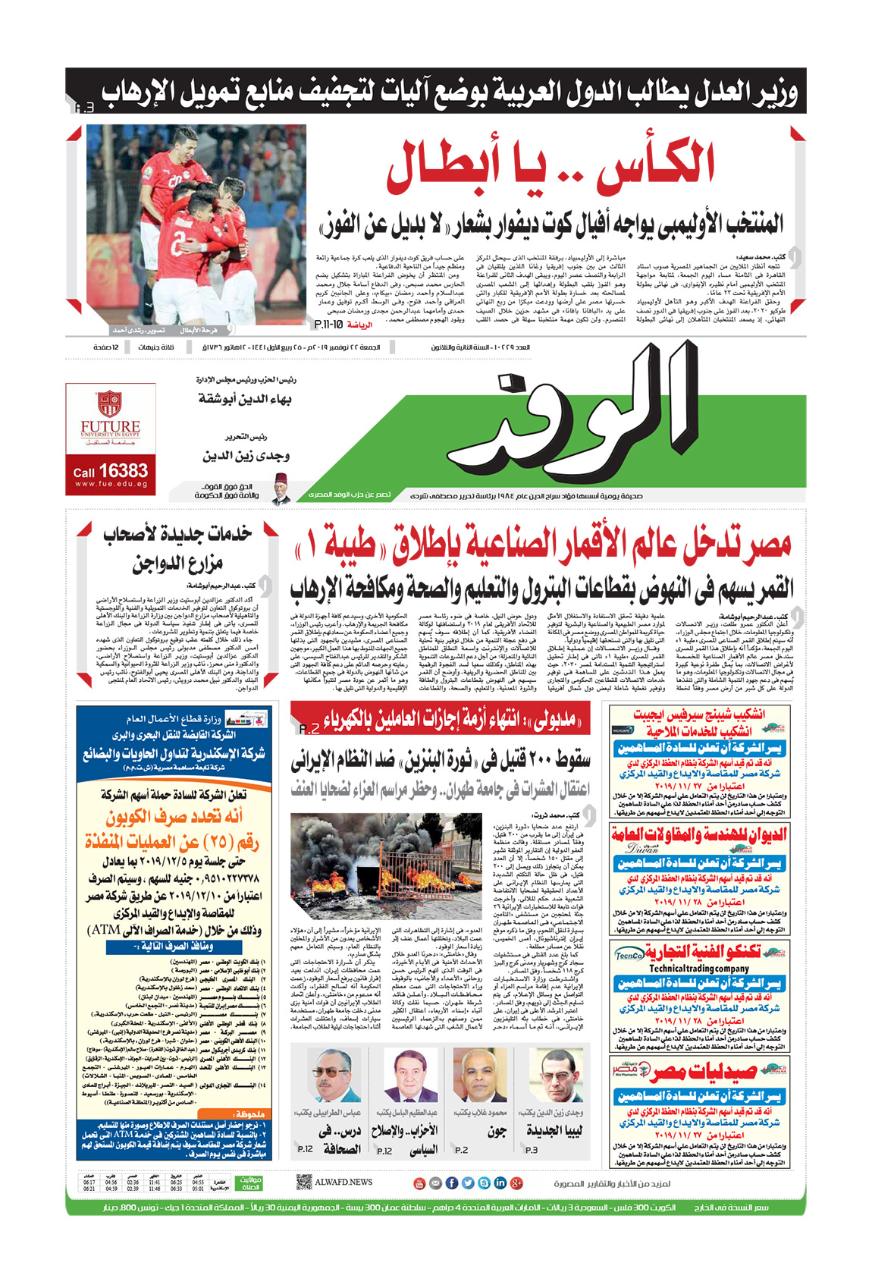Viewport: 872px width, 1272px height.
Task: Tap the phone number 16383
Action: click(123, 471)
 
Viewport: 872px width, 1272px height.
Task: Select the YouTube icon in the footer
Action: click(419, 1182)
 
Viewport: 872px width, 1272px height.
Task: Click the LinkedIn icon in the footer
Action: click(500, 1182)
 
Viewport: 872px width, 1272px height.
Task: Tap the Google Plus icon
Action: click(517, 1182)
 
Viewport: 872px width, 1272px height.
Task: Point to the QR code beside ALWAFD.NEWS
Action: click(304, 1182)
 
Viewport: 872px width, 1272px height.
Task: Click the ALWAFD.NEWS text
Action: click(343, 1182)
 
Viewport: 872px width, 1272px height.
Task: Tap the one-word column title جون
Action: click(497, 1131)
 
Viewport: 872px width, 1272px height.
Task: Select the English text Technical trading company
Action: click(698, 969)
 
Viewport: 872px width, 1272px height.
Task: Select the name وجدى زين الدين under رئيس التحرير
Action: click(246, 456)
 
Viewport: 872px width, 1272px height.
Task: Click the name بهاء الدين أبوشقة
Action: click(245, 398)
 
